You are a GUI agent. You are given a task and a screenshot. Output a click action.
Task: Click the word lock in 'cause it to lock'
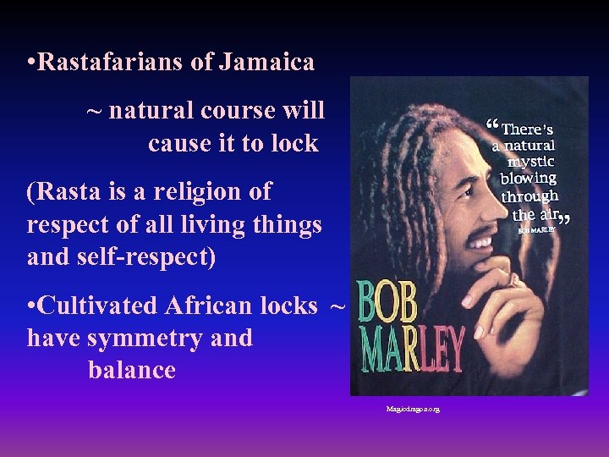pos(294,143)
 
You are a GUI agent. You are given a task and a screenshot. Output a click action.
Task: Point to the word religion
pos(198,192)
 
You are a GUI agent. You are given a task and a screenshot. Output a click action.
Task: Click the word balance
pos(131,370)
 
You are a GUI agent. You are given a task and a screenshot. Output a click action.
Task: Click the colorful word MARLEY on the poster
pos(411,349)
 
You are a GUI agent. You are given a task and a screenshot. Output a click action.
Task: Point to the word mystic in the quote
pos(531,161)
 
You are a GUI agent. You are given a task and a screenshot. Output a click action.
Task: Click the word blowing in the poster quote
pos(528,178)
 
